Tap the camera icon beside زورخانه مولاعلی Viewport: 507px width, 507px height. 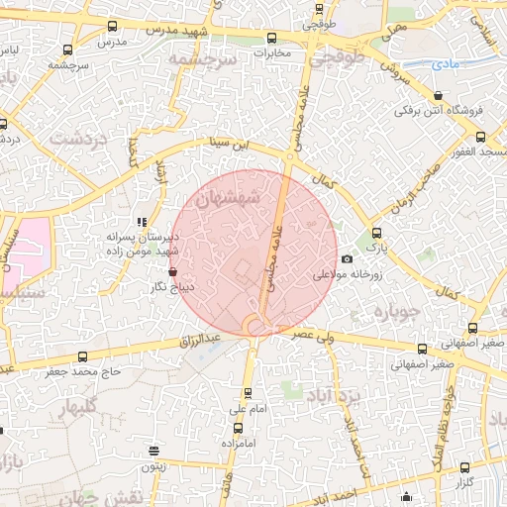347,259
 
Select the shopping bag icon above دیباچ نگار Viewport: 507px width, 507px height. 173,270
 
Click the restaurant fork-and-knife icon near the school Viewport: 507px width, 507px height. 143,222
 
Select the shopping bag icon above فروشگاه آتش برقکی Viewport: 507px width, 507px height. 438,96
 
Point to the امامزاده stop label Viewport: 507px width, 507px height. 237,443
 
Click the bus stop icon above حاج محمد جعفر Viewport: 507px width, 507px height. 82,357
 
